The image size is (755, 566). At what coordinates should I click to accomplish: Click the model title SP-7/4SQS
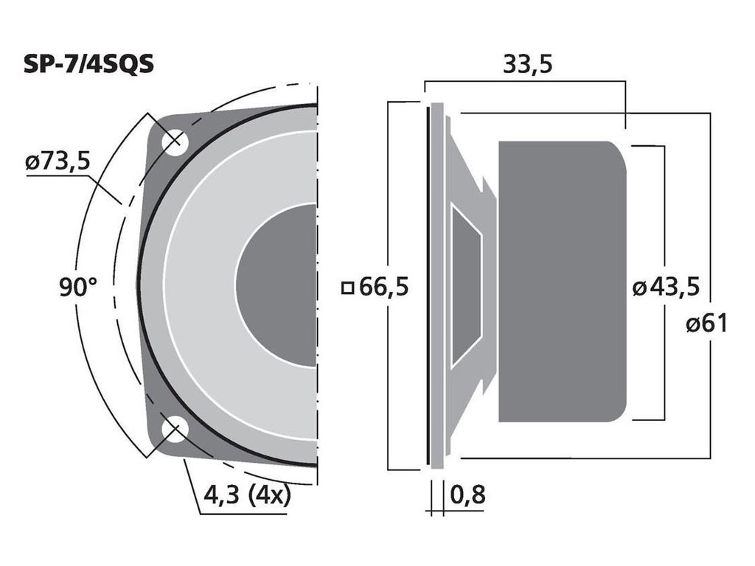(x=88, y=64)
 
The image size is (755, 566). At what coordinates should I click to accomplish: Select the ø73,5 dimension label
(x=57, y=161)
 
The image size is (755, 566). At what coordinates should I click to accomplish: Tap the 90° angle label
(x=78, y=286)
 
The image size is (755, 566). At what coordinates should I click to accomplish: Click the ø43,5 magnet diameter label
(x=666, y=286)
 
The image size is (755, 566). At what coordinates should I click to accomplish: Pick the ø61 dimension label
(x=706, y=322)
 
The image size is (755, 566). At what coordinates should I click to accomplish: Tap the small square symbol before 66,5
(x=347, y=287)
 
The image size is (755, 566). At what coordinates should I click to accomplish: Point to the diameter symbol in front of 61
(x=692, y=323)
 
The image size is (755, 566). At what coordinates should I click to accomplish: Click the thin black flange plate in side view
(x=428, y=286)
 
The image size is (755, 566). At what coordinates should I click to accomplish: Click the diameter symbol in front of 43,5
(x=639, y=287)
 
